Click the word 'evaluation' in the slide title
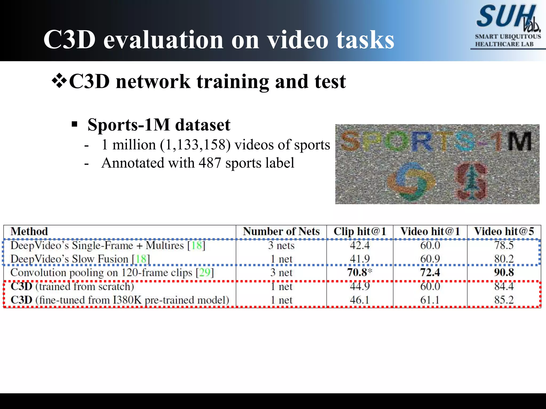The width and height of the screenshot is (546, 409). click(163, 40)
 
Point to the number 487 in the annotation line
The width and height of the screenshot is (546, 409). click(210, 163)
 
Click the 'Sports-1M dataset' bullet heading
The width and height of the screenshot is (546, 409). click(159, 125)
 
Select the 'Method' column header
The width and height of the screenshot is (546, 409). click(29, 231)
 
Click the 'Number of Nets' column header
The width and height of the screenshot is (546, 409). click(281, 231)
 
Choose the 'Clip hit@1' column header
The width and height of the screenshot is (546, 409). click(360, 231)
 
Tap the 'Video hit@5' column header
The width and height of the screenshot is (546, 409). click(504, 231)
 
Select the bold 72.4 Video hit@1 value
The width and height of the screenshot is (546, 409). click(430, 273)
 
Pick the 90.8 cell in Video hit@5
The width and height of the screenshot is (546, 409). click(504, 273)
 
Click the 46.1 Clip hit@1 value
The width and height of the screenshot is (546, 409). click(359, 300)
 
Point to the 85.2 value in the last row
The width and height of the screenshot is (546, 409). click(504, 300)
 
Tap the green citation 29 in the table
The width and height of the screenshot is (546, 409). click(205, 273)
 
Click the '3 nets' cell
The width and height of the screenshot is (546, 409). click(281, 245)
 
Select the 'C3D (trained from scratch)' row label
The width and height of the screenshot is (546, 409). click(72, 287)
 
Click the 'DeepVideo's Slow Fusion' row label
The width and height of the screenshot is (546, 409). click(69, 259)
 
